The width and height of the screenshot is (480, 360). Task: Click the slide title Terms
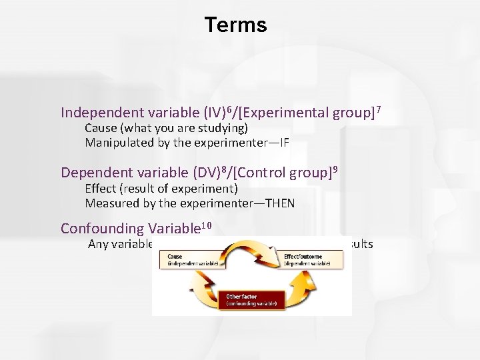tap(235, 25)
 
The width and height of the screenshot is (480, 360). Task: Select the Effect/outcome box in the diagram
tap(311, 260)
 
